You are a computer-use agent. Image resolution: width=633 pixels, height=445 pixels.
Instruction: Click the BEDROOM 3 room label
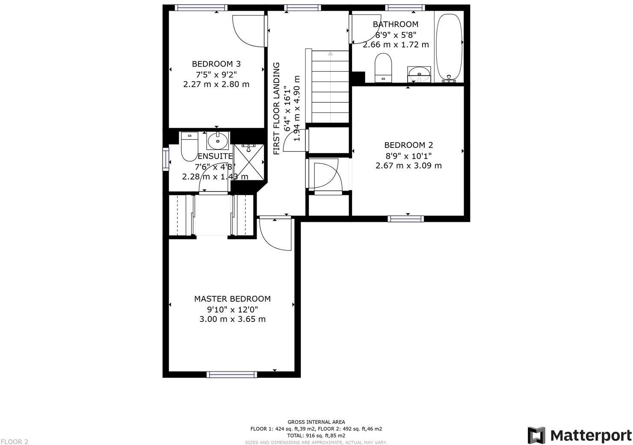216,64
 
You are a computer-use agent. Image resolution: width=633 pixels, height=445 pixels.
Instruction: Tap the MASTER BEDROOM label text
232,299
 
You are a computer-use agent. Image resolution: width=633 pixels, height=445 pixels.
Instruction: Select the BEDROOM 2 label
408,145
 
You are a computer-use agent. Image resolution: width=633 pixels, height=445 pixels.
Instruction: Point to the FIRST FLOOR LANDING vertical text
277,109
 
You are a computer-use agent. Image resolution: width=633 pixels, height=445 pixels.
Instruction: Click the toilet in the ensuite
189,147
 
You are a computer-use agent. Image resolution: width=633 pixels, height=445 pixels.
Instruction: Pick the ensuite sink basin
218,140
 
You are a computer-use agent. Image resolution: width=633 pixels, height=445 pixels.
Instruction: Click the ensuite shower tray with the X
249,162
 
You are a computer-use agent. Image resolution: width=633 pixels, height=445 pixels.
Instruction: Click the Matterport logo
580,435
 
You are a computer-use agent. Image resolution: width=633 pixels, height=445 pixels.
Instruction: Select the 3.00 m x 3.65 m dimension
232,319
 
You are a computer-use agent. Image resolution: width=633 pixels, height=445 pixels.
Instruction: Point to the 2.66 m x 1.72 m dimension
396,44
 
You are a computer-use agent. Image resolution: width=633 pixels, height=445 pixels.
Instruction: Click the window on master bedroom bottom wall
232,374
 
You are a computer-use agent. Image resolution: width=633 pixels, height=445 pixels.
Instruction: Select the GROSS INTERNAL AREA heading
316,422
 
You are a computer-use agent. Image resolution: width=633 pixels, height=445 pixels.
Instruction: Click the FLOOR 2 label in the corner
15,442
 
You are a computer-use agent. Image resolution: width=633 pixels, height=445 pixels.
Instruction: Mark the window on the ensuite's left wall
166,159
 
